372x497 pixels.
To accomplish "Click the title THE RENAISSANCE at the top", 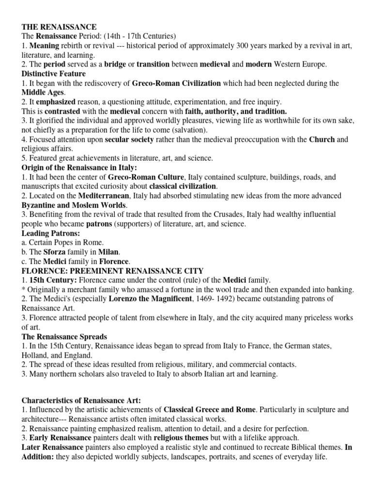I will [x=59, y=27].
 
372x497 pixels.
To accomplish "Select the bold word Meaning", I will [x=46, y=46].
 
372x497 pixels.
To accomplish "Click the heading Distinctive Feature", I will [x=54, y=74].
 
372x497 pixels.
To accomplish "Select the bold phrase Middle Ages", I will [x=43, y=93].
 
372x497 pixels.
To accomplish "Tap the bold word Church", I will [x=322, y=140].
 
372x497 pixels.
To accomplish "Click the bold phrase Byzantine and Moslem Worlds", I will [x=74, y=205].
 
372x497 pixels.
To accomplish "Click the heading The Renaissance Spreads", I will [x=64, y=336].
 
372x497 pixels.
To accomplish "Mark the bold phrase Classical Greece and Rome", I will [x=209, y=410].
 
